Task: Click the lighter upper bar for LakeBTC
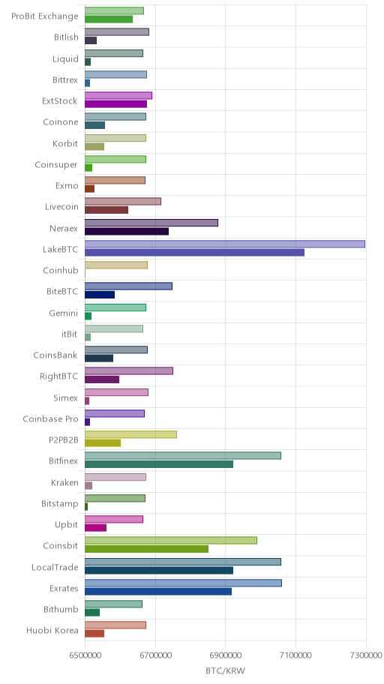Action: pyautogui.click(x=225, y=244)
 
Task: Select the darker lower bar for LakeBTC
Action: pyautogui.click(x=194, y=252)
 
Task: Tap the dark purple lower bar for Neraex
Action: pyautogui.click(x=127, y=231)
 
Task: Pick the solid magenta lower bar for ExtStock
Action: pyautogui.click(x=115, y=103)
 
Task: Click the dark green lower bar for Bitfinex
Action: pyautogui.click(x=159, y=464)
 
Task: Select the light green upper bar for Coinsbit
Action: pyautogui.click(x=171, y=541)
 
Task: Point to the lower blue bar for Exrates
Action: pyautogui.click(x=158, y=592)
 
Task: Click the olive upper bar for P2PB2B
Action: pyautogui.click(x=131, y=434)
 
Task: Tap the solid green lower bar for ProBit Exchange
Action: pyautogui.click(x=109, y=19)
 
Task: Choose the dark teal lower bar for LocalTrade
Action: pyautogui.click(x=159, y=570)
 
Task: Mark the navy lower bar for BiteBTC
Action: pyautogui.click(x=100, y=295)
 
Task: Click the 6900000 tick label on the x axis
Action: pyautogui.click(x=225, y=655)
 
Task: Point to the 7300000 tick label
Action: pyautogui.click(x=366, y=655)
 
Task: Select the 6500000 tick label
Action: pyautogui.click(x=85, y=655)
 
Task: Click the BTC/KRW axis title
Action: pyautogui.click(x=225, y=671)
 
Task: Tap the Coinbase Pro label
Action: pyautogui.click(x=50, y=418)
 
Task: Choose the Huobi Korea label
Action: pyautogui.click(x=52, y=630)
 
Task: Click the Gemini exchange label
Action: pyautogui.click(x=64, y=313)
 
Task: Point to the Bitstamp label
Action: pyautogui.click(x=60, y=503)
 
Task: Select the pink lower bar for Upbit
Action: pyautogui.click(x=95, y=528)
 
